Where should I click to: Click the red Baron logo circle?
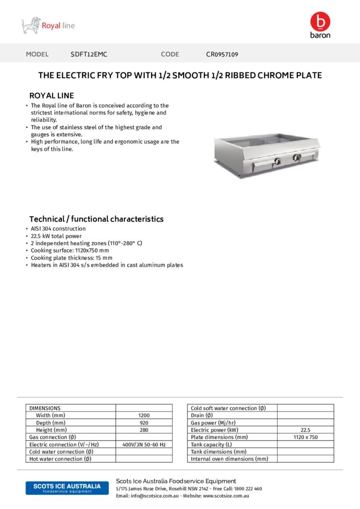click(320, 21)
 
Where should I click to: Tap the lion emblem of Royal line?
click(30, 25)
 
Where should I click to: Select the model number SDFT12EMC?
click(89, 54)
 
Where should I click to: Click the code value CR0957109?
click(222, 54)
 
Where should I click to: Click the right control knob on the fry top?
click(297, 158)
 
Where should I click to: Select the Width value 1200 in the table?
click(144, 415)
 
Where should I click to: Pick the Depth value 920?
click(144, 423)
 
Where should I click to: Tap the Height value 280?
click(144, 429)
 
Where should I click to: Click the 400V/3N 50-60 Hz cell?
click(144, 444)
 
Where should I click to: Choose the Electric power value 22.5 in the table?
click(305, 429)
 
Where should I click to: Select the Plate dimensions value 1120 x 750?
click(305, 437)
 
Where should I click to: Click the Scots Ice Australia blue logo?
click(67, 488)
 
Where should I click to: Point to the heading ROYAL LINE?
click(52, 95)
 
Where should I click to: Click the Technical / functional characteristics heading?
click(96, 219)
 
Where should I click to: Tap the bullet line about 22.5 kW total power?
click(56, 236)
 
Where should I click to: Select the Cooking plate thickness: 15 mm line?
click(72, 258)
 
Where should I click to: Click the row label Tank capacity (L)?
click(211, 444)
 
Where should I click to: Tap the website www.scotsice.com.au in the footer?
click(226, 496)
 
